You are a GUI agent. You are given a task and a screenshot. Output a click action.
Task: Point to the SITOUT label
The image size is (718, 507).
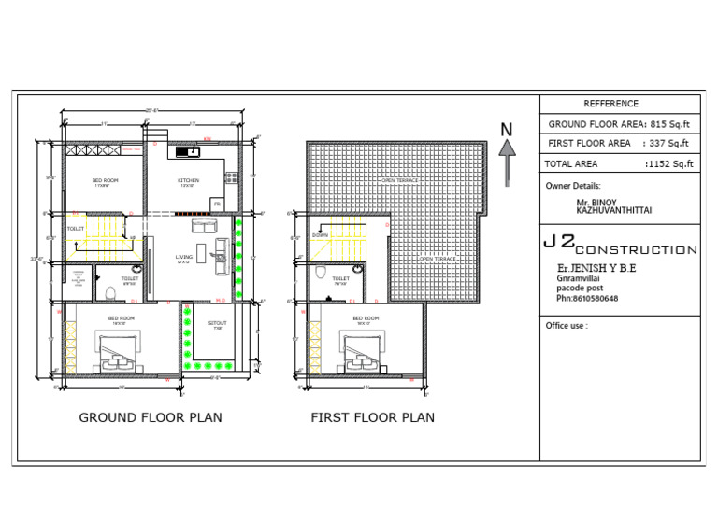pyautogui.click(x=216, y=323)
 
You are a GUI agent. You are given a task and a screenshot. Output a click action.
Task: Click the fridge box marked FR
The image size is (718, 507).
pyautogui.click(x=216, y=203)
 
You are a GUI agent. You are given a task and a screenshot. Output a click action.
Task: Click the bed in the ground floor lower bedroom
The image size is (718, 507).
pyautogui.click(x=122, y=351)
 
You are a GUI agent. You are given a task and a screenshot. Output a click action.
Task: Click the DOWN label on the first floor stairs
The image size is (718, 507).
pyautogui.click(x=320, y=235)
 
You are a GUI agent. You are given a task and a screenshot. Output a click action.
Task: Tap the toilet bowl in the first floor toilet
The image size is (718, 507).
pyautogui.click(x=321, y=273)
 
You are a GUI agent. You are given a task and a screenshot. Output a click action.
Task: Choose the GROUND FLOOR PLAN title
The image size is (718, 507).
pyautogui.click(x=151, y=417)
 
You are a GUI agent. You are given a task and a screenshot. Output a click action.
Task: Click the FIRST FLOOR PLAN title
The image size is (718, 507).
pyautogui.click(x=372, y=417)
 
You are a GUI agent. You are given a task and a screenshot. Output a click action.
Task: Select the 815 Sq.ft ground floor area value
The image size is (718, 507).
pyautogui.click(x=668, y=123)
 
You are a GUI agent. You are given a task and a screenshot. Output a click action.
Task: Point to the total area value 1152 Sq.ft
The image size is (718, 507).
pyautogui.click(x=668, y=164)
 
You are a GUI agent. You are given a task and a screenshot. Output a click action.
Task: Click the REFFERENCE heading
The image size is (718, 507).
pyautogui.click(x=610, y=104)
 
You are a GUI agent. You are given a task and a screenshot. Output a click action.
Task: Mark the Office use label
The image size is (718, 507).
pyautogui.click(x=567, y=326)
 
